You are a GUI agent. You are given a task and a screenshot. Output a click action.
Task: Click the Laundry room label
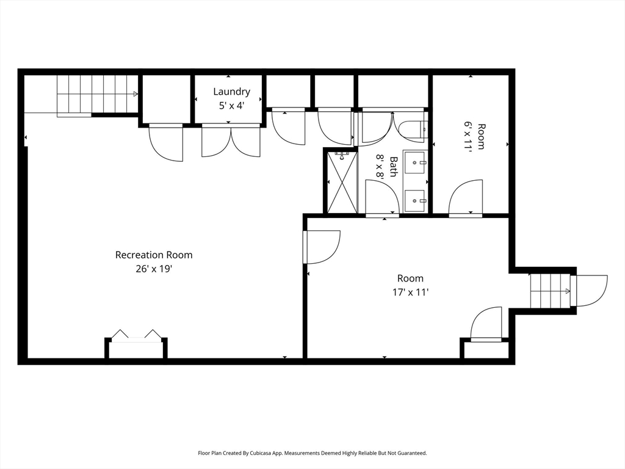tap(231, 92)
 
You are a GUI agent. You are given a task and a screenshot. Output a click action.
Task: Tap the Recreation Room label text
tap(154, 255)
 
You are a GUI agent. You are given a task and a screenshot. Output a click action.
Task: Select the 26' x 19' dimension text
tap(154, 269)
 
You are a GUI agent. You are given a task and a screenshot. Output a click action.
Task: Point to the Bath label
tap(394, 167)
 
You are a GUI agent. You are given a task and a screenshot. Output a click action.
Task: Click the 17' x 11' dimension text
tap(410, 293)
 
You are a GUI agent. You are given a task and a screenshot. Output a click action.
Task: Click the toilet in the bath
tap(413, 130)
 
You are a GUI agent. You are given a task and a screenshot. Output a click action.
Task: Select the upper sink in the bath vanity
tap(416, 162)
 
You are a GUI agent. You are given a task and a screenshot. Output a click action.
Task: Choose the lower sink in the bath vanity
tap(416, 201)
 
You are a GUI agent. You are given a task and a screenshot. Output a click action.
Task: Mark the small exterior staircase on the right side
tap(550, 291)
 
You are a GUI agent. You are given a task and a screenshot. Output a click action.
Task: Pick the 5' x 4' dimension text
tap(231, 106)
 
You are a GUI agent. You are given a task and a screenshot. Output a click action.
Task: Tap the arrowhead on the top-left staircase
tap(135, 94)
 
